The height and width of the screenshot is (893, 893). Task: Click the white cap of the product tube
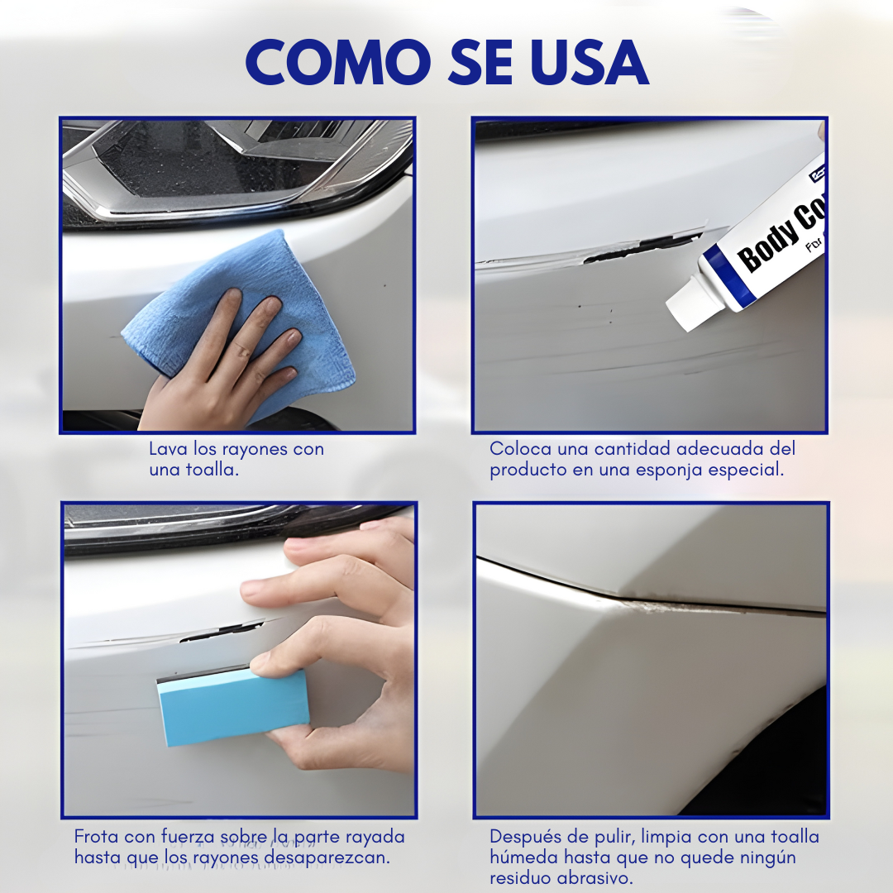(686, 304)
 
